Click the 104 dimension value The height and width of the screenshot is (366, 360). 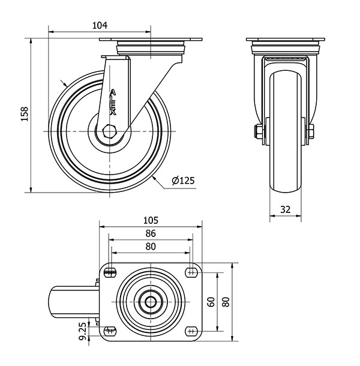[100, 25]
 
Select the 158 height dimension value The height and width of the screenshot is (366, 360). [25, 113]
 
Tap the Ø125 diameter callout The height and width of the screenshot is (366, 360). [183, 181]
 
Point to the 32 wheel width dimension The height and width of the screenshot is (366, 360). [285, 209]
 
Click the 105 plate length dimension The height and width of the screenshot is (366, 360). [151, 220]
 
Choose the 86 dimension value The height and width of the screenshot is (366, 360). [151, 233]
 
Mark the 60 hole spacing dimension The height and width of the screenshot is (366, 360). [211, 302]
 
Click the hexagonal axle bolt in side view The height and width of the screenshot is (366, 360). [109, 131]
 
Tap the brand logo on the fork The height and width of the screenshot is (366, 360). [113, 103]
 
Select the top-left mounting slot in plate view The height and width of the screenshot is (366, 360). [110, 272]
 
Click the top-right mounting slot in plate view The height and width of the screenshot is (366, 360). [191, 272]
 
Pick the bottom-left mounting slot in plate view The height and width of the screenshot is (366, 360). [110, 331]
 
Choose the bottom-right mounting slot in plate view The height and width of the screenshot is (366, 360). [191, 331]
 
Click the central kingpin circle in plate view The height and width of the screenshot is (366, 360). [151, 302]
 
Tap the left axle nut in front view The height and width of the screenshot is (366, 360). [258, 131]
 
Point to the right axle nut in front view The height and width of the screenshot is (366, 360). [311, 131]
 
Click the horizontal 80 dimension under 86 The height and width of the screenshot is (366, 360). [151, 246]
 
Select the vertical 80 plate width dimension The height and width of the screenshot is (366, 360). [226, 302]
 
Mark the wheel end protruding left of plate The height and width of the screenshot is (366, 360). [74, 302]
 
